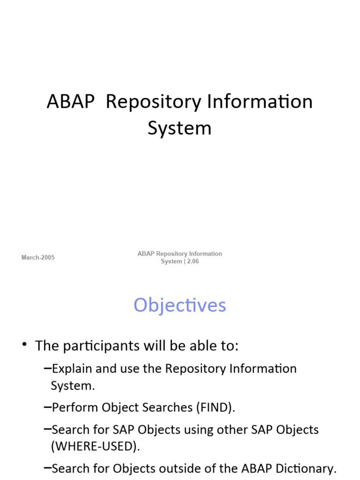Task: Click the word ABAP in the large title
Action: [x=70, y=102]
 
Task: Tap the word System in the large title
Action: [x=180, y=128]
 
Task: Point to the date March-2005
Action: [x=38, y=257]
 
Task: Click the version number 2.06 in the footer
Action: [x=193, y=261]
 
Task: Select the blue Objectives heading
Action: [x=180, y=306]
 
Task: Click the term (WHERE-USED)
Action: [x=95, y=446]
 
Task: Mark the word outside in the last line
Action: [x=203, y=468]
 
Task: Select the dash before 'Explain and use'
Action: [x=47, y=368]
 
